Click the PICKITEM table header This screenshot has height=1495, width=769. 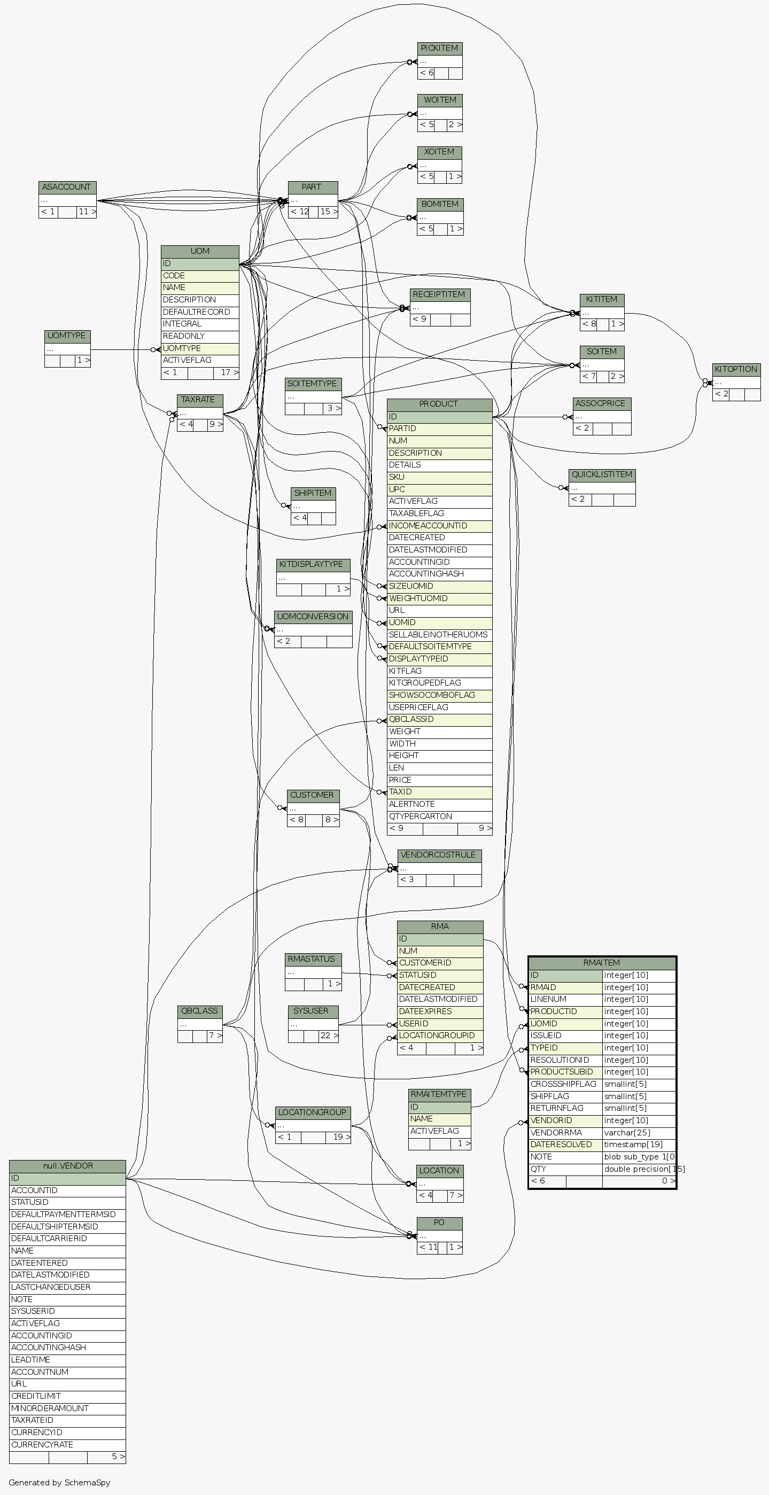point(439,48)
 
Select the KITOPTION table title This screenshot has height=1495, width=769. point(736,369)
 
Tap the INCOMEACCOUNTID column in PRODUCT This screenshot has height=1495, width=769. point(439,526)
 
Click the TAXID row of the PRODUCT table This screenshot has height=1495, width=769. point(439,792)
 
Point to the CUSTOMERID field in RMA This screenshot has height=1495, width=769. point(439,963)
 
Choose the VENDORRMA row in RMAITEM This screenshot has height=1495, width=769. point(565,1132)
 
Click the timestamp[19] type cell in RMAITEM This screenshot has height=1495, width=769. point(639,1144)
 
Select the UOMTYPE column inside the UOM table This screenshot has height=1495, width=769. point(199,348)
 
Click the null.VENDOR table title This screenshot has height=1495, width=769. point(67,1166)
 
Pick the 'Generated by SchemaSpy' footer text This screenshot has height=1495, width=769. point(59,1482)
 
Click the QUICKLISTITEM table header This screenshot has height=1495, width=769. point(602,474)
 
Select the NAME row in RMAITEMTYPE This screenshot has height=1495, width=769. point(439,1119)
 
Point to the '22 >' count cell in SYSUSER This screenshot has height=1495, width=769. point(329,1035)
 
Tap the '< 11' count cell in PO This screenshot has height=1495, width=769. point(428,1247)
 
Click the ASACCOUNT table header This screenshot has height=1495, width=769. point(67,187)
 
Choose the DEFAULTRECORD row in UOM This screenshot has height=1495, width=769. point(199,312)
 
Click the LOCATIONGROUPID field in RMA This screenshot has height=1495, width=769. point(439,1035)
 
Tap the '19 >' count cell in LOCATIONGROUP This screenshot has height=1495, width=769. point(338,1136)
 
